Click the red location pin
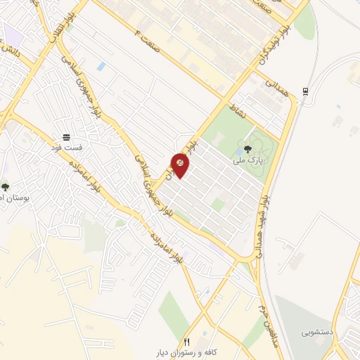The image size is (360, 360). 180,164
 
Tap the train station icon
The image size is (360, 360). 305,91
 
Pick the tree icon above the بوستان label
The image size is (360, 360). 6,187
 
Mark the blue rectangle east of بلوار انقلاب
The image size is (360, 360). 102,66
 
